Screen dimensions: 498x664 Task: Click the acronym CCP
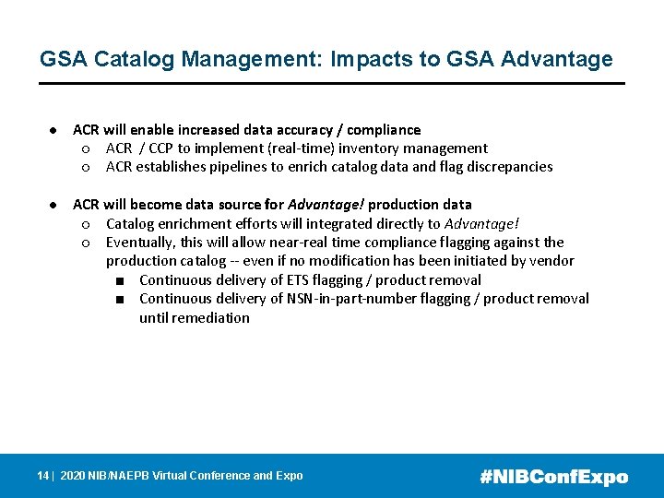pyautogui.click(x=161, y=148)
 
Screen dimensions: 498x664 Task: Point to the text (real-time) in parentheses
pyautogui.click(x=306, y=148)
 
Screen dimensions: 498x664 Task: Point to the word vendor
pyautogui.click(x=551, y=261)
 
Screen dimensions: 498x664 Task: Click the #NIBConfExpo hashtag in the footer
pyautogui.click(x=554, y=477)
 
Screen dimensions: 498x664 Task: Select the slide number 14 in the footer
pyautogui.click(x=42, y=476)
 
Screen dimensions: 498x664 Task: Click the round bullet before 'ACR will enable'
pyautogui.click(x=55, y=130)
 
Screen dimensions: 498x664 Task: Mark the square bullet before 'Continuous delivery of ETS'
pyautogui.click(x=121, y=280)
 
